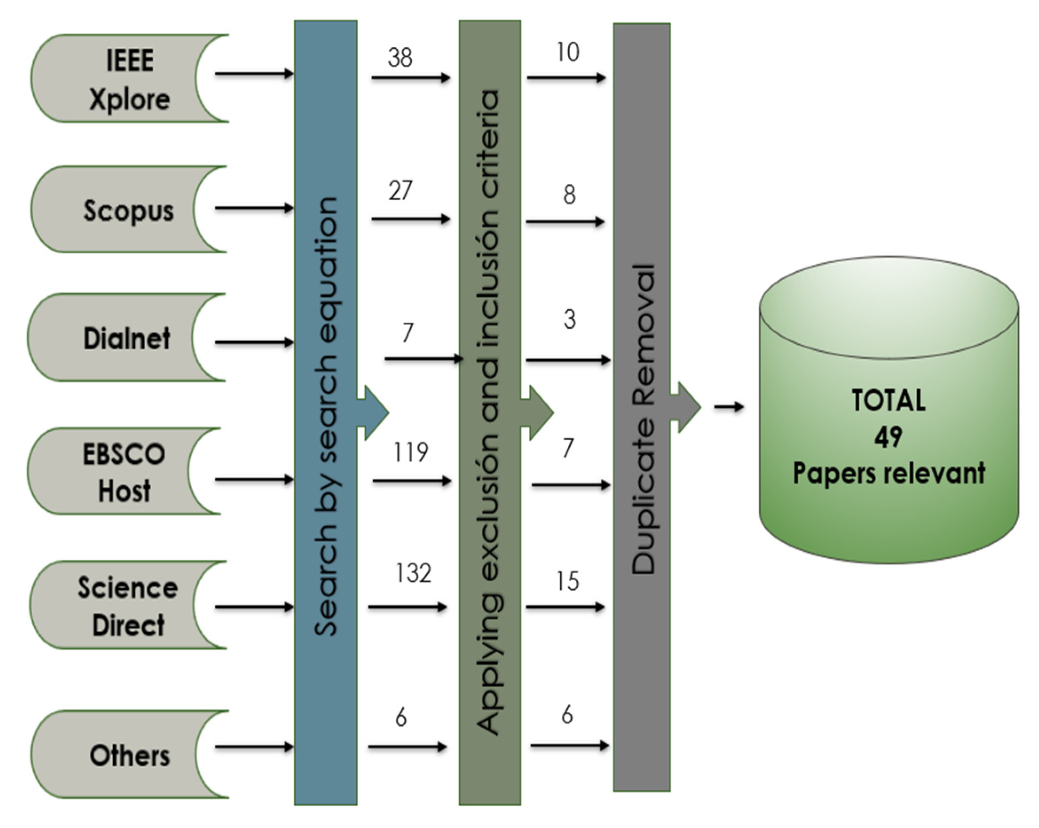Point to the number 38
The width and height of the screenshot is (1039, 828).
[400, 58]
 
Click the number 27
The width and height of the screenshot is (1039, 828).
[400, 191]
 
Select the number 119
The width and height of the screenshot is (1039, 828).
[411, 453]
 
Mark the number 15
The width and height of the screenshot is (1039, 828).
[567, 581]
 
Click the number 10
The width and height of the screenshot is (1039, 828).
[567, 52]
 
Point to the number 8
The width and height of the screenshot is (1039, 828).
[569, 195]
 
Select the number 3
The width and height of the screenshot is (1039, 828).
[570, 319]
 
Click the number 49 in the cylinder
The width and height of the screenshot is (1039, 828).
[888, 437]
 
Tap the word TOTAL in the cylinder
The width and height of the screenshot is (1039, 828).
[888, 401]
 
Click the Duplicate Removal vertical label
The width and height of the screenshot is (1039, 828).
[643, 419]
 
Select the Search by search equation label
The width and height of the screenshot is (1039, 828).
[325, 417]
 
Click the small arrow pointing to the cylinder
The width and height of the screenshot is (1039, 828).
[728, 407]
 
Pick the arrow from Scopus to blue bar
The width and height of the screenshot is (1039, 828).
[254, 208]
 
